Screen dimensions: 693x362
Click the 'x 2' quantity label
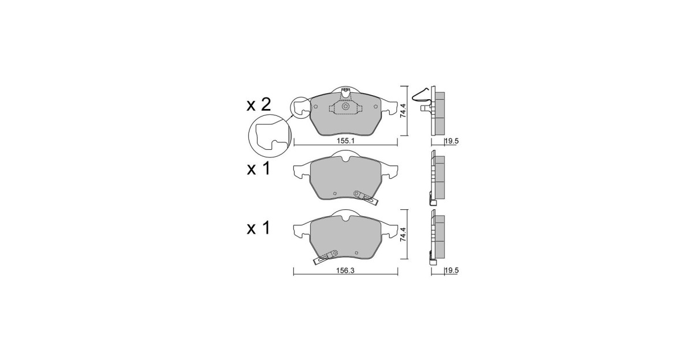coord(259,105)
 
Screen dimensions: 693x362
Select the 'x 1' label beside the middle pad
coord(259,169)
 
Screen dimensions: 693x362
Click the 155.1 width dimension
coord(345,141)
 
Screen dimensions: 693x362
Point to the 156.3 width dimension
coord(345,270)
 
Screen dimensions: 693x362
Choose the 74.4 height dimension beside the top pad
coord(403,110)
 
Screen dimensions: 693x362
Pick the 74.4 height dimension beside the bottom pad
coord(403,234)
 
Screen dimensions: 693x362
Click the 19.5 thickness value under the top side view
coord(452,141)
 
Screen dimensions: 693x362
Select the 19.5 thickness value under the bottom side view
coord(452,270)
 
